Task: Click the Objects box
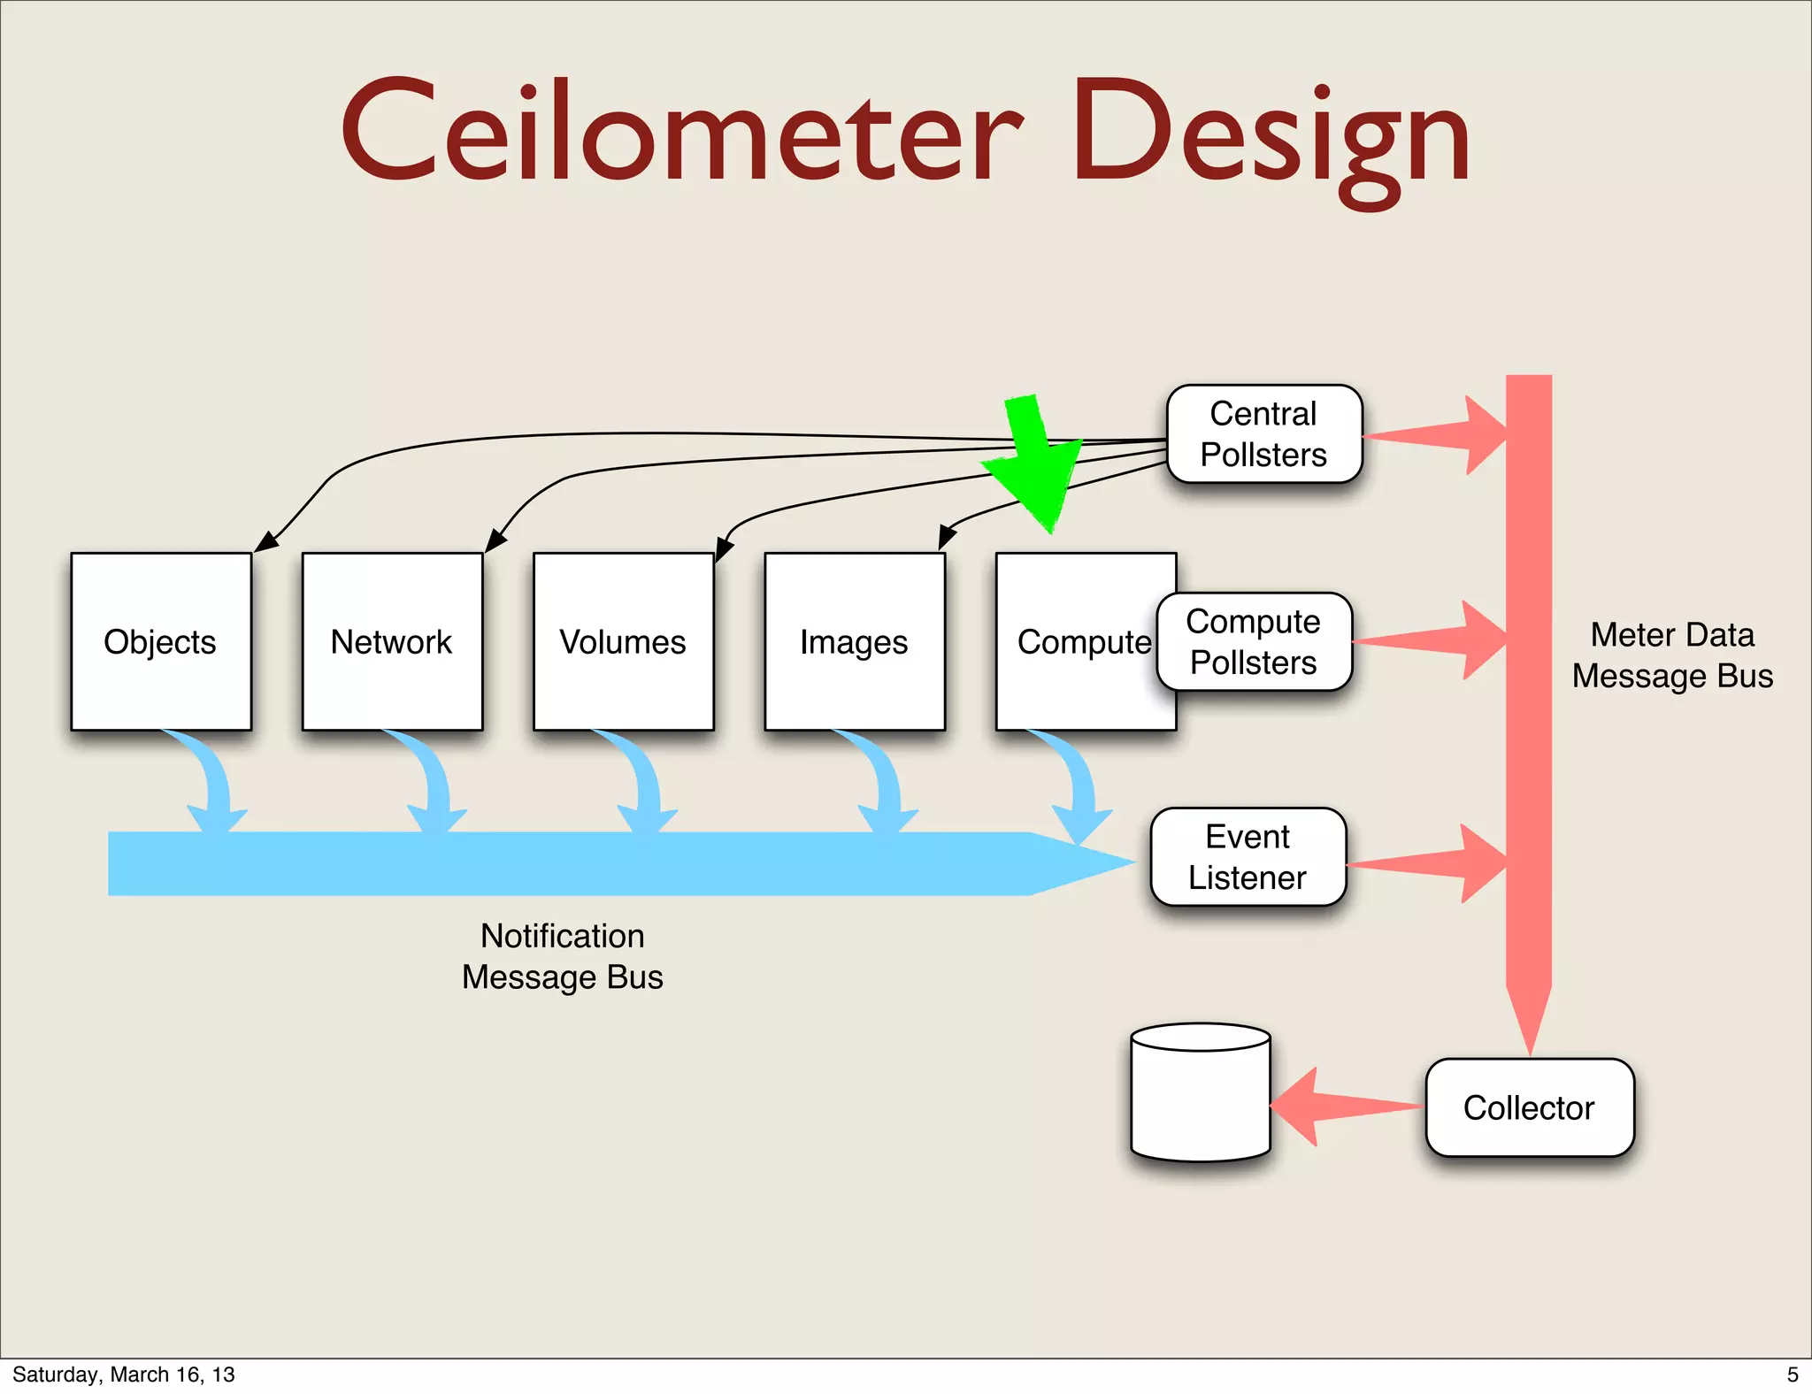click(161, 641)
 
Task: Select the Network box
click(392, 641)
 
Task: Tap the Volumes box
click(623, 641)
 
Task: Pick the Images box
click(854, 641)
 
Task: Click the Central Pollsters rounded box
click(1263, 433)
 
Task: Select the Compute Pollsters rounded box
click(1254, 641)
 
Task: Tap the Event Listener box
click(1248, 856)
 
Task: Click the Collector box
click(1529, 1107)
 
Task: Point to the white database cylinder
click(1201, 1097)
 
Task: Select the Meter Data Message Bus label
click(1671, 655)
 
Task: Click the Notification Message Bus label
click(563, 956)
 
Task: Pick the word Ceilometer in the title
click(681, 133)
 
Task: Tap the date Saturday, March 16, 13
click(124, 1375)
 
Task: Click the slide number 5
click(1792, 1375)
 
